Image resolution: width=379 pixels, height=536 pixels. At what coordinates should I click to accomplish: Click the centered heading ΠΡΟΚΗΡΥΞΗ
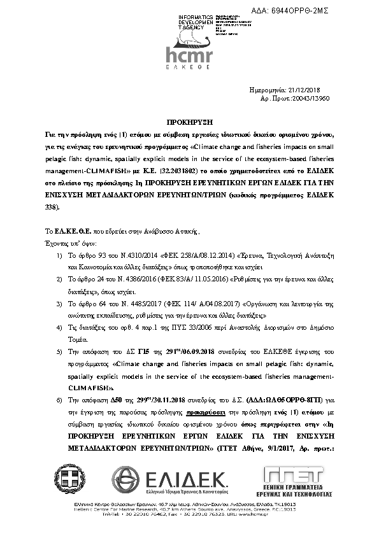pyautogui.click(x=189, y=121)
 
